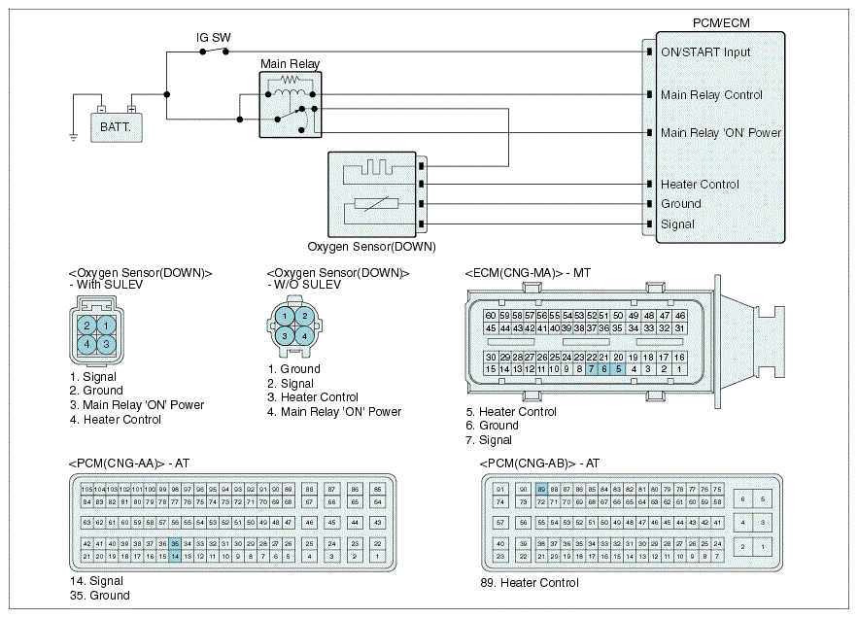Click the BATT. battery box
tap(117, 125)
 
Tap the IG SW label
tap(213, 38)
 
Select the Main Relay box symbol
tap(290, 103)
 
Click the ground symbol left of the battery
tap(73, 137)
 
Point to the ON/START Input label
tap(705, 52)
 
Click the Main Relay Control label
tap(711, 95)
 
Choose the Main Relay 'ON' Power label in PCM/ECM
tap(721, 133)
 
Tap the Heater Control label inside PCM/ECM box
tap(700, 185)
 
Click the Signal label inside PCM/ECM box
tap(677, 224)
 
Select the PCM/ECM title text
tap(720, 22)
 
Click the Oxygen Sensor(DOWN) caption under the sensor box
tap(371, 247)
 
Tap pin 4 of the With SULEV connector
tap(87, 343)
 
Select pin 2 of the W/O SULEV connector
tap(304, 316)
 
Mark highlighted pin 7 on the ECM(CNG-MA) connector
tap(591, 369)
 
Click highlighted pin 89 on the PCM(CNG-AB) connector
tap(541, 489)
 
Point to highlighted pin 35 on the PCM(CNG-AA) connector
tap(175, 543)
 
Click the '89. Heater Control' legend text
tap(530, 583)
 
